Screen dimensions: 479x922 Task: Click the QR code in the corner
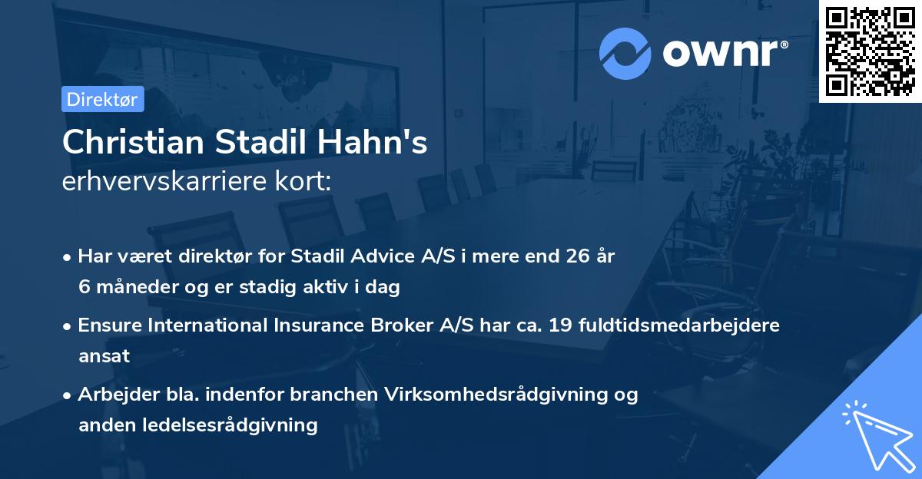(870, 51)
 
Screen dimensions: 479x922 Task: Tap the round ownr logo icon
(625, 54)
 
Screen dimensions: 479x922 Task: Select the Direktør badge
(102, 99)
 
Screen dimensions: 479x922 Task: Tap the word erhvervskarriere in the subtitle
(164, 182)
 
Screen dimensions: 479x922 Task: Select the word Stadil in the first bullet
(323, 256)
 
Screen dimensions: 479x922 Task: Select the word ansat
(104, 356)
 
